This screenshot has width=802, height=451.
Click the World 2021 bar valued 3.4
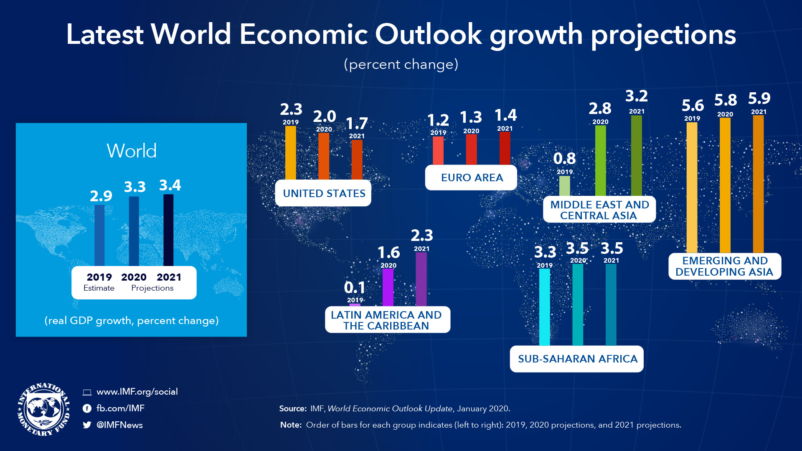(168, 230)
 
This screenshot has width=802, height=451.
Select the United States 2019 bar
(290, 153)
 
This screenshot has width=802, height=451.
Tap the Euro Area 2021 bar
(505, 148)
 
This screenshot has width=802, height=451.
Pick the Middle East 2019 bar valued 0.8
(564, 186)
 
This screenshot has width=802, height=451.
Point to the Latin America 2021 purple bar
(421, 279)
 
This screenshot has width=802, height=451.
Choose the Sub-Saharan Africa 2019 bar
(544, 307)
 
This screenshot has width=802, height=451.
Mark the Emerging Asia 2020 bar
(725, 185)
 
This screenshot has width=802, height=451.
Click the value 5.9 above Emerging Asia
(759, 99)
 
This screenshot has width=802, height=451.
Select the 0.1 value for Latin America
(355, 287)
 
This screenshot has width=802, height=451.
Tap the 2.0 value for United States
(325, 117)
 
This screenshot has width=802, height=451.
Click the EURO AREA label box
(471, 178)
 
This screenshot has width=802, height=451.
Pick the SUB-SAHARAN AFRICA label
(577, 359)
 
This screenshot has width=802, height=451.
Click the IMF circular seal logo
(43, 409)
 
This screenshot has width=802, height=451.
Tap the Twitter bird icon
(87, 425)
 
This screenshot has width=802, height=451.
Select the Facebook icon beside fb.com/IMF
(87, 408)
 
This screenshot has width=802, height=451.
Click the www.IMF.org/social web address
(137, 392)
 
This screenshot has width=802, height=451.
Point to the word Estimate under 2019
(99, 288)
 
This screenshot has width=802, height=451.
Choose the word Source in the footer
(293, 409)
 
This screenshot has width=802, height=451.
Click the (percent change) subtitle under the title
(401, 64)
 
